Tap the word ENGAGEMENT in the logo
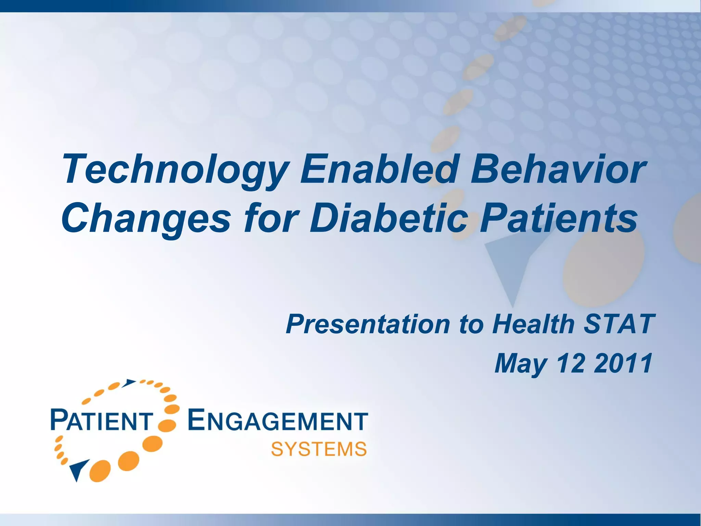[x=278, y=421]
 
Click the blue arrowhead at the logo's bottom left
[x=78, y=469]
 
